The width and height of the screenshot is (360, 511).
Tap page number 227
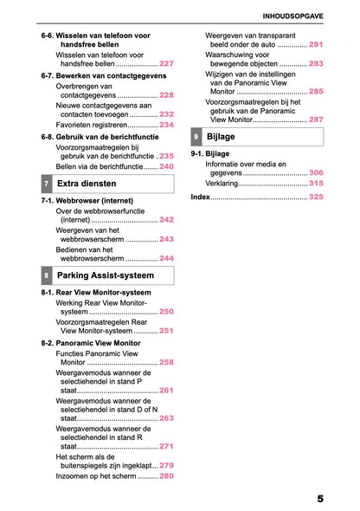(x=166, y=64)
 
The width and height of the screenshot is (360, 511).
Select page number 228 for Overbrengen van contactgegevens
(x=166, y=95)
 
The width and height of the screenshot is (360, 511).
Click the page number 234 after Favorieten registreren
(x=166, y=125)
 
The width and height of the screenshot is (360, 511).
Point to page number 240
(x=166, y=166)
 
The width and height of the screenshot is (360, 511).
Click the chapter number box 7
(x=45, y=184)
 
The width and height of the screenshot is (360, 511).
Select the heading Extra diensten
(x=87, y=184)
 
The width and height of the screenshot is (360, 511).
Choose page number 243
(x=166, y=239)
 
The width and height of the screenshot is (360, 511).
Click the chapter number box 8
(x=45, y=276)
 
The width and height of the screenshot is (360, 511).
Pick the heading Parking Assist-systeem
(x=105, y=276)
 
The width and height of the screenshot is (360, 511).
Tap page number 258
(x=166, y=363)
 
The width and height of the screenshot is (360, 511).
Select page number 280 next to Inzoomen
(x=166, y=476)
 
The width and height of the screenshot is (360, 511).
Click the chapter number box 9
(x=196, y=137)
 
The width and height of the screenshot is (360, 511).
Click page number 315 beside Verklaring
(x=316, y=184)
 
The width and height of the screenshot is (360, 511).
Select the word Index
(x=200, y=197)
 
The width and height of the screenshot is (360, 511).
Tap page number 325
(x=316, y=197)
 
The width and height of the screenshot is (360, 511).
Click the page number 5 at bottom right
(x=319, y=499)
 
